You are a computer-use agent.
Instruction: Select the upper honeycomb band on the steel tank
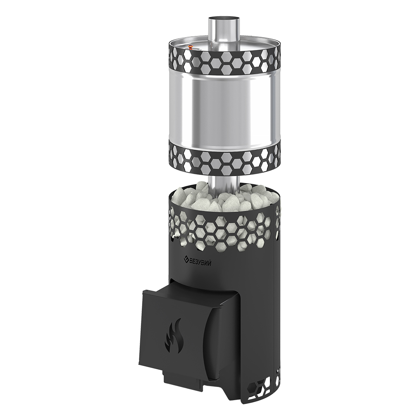[x=224, y=62]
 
